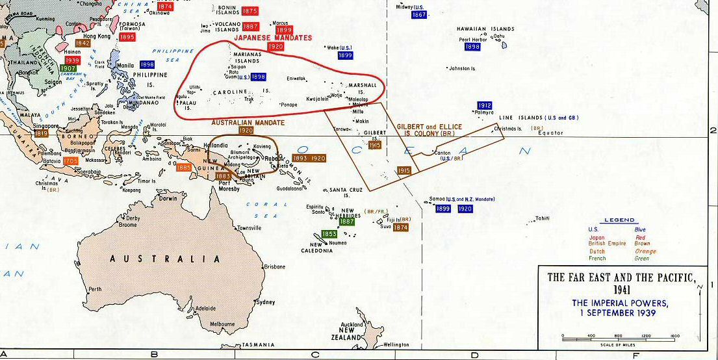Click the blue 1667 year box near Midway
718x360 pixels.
tap(419, 15)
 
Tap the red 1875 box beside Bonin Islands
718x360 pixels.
tap(250, 11)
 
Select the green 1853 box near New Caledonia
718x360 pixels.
tap(329, 234)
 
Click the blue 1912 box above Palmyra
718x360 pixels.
tap(484, 105)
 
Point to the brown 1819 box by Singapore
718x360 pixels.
tap(42, 133)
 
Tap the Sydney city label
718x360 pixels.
tap(266, 302)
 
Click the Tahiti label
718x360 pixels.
tap(542, 218)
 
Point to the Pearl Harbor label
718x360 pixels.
tap(474, 40)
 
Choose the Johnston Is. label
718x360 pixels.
tap(463, 68)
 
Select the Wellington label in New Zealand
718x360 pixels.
tap(396, 344)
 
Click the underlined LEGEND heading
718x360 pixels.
tap(619, 220)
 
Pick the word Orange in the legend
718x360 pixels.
tap(646, 251)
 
